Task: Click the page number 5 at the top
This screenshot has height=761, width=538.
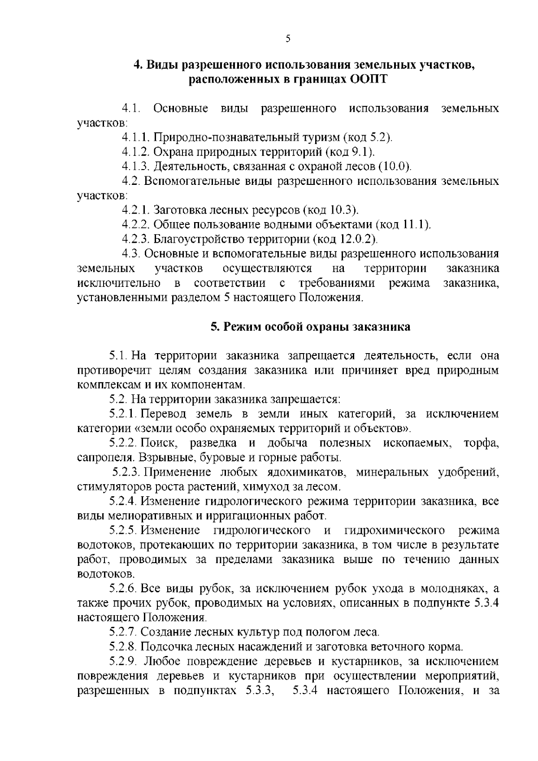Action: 288,39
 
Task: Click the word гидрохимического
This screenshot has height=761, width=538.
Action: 395,530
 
